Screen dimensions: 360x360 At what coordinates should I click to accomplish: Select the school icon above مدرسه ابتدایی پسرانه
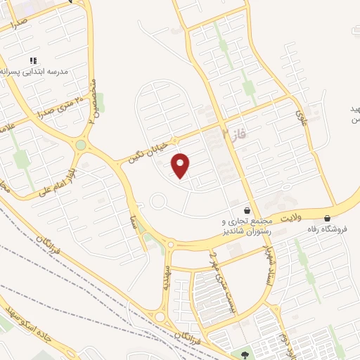pos(32,60)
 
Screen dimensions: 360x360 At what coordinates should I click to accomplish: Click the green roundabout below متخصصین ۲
pos(82,146)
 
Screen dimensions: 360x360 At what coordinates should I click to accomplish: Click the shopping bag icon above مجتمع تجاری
pos(246,210)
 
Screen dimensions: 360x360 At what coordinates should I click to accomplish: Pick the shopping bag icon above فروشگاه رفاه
pos(328,219)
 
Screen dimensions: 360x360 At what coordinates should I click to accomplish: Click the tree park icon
pos(244,354)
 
